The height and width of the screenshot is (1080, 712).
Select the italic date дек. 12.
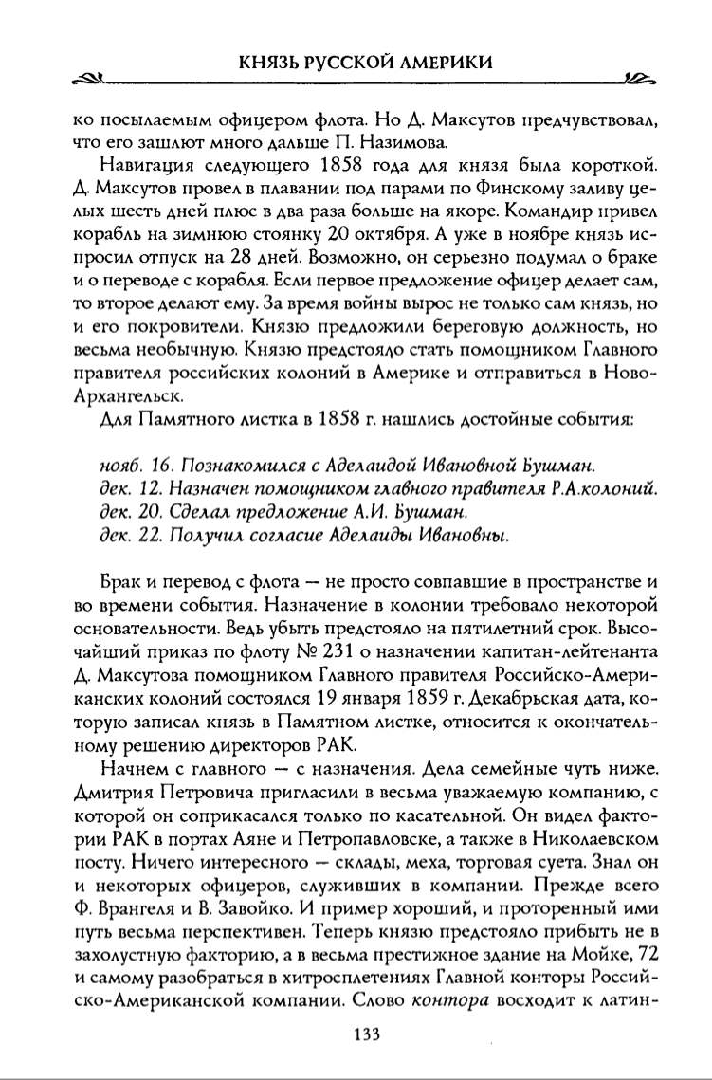point(131,489)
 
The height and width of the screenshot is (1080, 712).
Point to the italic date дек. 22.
point(131,536)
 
